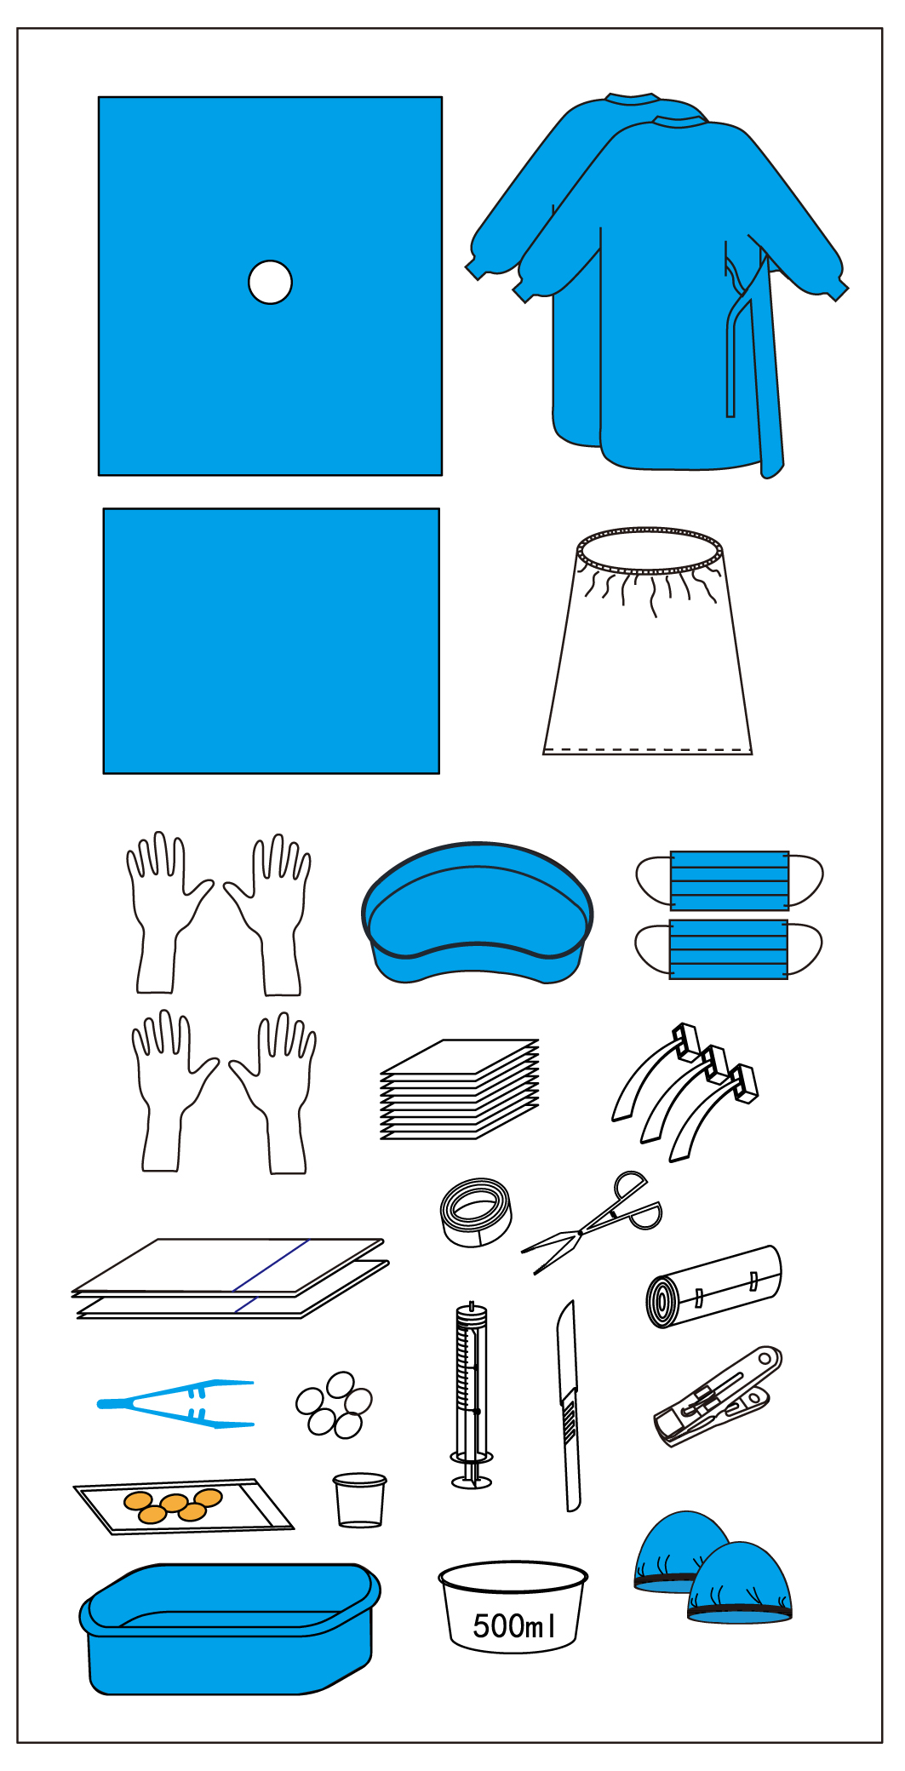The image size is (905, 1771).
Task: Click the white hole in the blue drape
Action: [270, 282]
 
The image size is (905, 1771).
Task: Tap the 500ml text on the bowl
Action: [514, 1625]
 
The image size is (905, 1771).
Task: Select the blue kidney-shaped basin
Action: [477, 913]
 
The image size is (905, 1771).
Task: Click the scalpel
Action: [569, 1405]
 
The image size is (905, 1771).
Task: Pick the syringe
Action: [472, 1396]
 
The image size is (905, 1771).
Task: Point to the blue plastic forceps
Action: [175, 1402]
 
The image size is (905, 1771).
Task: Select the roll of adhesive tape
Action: [476, 1212]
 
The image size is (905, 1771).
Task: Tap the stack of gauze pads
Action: [460, 1089]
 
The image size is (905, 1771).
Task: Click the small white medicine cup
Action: [359, 1500]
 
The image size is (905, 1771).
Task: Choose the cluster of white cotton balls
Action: [334, 1405]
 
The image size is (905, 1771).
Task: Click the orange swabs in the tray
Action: [174, 1504]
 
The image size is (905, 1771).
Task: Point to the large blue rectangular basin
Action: [229, 1628]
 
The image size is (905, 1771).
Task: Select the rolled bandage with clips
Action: [713, 1287]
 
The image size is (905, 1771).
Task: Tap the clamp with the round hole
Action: [717, 1396]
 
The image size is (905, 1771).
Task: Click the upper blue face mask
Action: [730, 880]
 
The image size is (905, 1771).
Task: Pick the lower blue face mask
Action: [729, 949]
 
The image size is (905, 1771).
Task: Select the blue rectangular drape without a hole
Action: [272, 641]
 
